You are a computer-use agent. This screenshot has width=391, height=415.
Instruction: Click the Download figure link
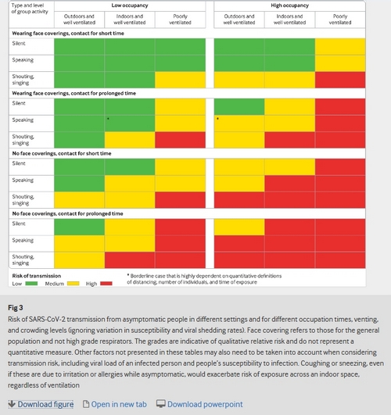pyautogui.click(x=41, y=404)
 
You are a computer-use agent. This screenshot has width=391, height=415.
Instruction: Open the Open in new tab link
pyautogui.click(x=115, y=404)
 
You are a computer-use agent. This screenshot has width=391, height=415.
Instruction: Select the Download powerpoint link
pyautogui.click(x=199, y=404)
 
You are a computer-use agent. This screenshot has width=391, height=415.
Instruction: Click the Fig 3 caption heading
pyautogui.click(x=16, y=308)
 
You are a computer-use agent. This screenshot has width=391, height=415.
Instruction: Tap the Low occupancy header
pyautogui.click(x=130, y=5)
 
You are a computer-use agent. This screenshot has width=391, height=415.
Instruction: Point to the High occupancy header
pyautogui.click(x=289, y=5)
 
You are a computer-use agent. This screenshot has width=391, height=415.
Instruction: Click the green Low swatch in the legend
pyautogui.click(x=31, y=284)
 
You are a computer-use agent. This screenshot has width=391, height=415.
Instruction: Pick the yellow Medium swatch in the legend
pyautogui.click(x=73, y=284)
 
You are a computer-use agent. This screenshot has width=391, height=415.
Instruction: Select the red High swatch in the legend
pyautogui.click(x=106, y=284)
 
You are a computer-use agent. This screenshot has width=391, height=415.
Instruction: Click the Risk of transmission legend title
pyautogui.click(x=37, y=276)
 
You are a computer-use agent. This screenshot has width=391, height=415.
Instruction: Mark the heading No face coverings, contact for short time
pyautogui.click(x=62, y=153)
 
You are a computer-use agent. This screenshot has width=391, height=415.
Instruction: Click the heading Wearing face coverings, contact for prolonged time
pyautogui.click(x=74, y=94)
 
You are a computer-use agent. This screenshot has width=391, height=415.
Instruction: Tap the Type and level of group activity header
pyautogui.click(x=30, y=9)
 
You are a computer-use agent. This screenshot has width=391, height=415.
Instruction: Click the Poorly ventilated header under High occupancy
pyautogui.click(x=340, y=20)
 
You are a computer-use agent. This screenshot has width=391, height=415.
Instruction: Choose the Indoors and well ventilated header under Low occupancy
pyautogui.click(x=130, y=20)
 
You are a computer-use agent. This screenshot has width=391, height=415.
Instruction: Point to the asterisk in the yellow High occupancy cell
pyautogui.click(x=217, y=119)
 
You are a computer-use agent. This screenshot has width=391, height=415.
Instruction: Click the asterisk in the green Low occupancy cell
pyautogui.click(x=108, y=119)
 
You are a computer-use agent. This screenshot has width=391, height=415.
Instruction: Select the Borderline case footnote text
pyautogui.click(x=204, y=279)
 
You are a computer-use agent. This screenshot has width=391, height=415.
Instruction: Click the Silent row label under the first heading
pyautogui.click(x=19, y=44)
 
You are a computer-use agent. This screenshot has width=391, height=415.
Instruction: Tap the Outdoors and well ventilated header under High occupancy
pyautogui.click(x=239, y=20)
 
